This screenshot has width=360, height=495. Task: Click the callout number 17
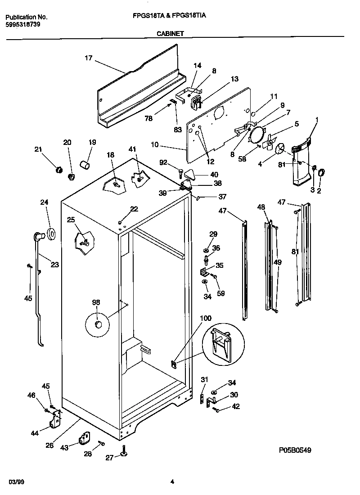pos(88,58)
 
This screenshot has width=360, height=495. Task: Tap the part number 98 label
pos(96,302)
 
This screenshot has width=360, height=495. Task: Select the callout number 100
pos(205,318)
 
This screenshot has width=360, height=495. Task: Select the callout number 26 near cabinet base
pos(49,445)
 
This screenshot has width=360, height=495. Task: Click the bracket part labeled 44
pos(56,420)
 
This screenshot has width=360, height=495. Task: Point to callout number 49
pos(278,262)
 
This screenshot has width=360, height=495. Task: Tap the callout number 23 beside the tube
pos(55,265)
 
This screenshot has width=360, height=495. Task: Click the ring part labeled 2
pos(322,172)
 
